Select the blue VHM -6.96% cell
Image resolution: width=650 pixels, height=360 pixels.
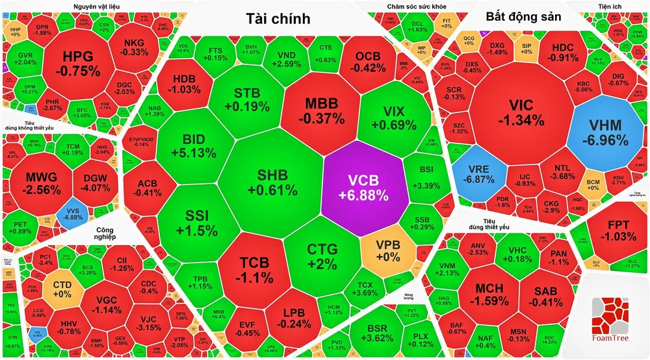point(604,131)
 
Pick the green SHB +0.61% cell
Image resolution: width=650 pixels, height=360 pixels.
point(272,182)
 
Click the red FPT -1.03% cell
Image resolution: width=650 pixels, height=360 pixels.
point(610,229)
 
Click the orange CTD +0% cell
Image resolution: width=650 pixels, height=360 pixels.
point(62,288)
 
